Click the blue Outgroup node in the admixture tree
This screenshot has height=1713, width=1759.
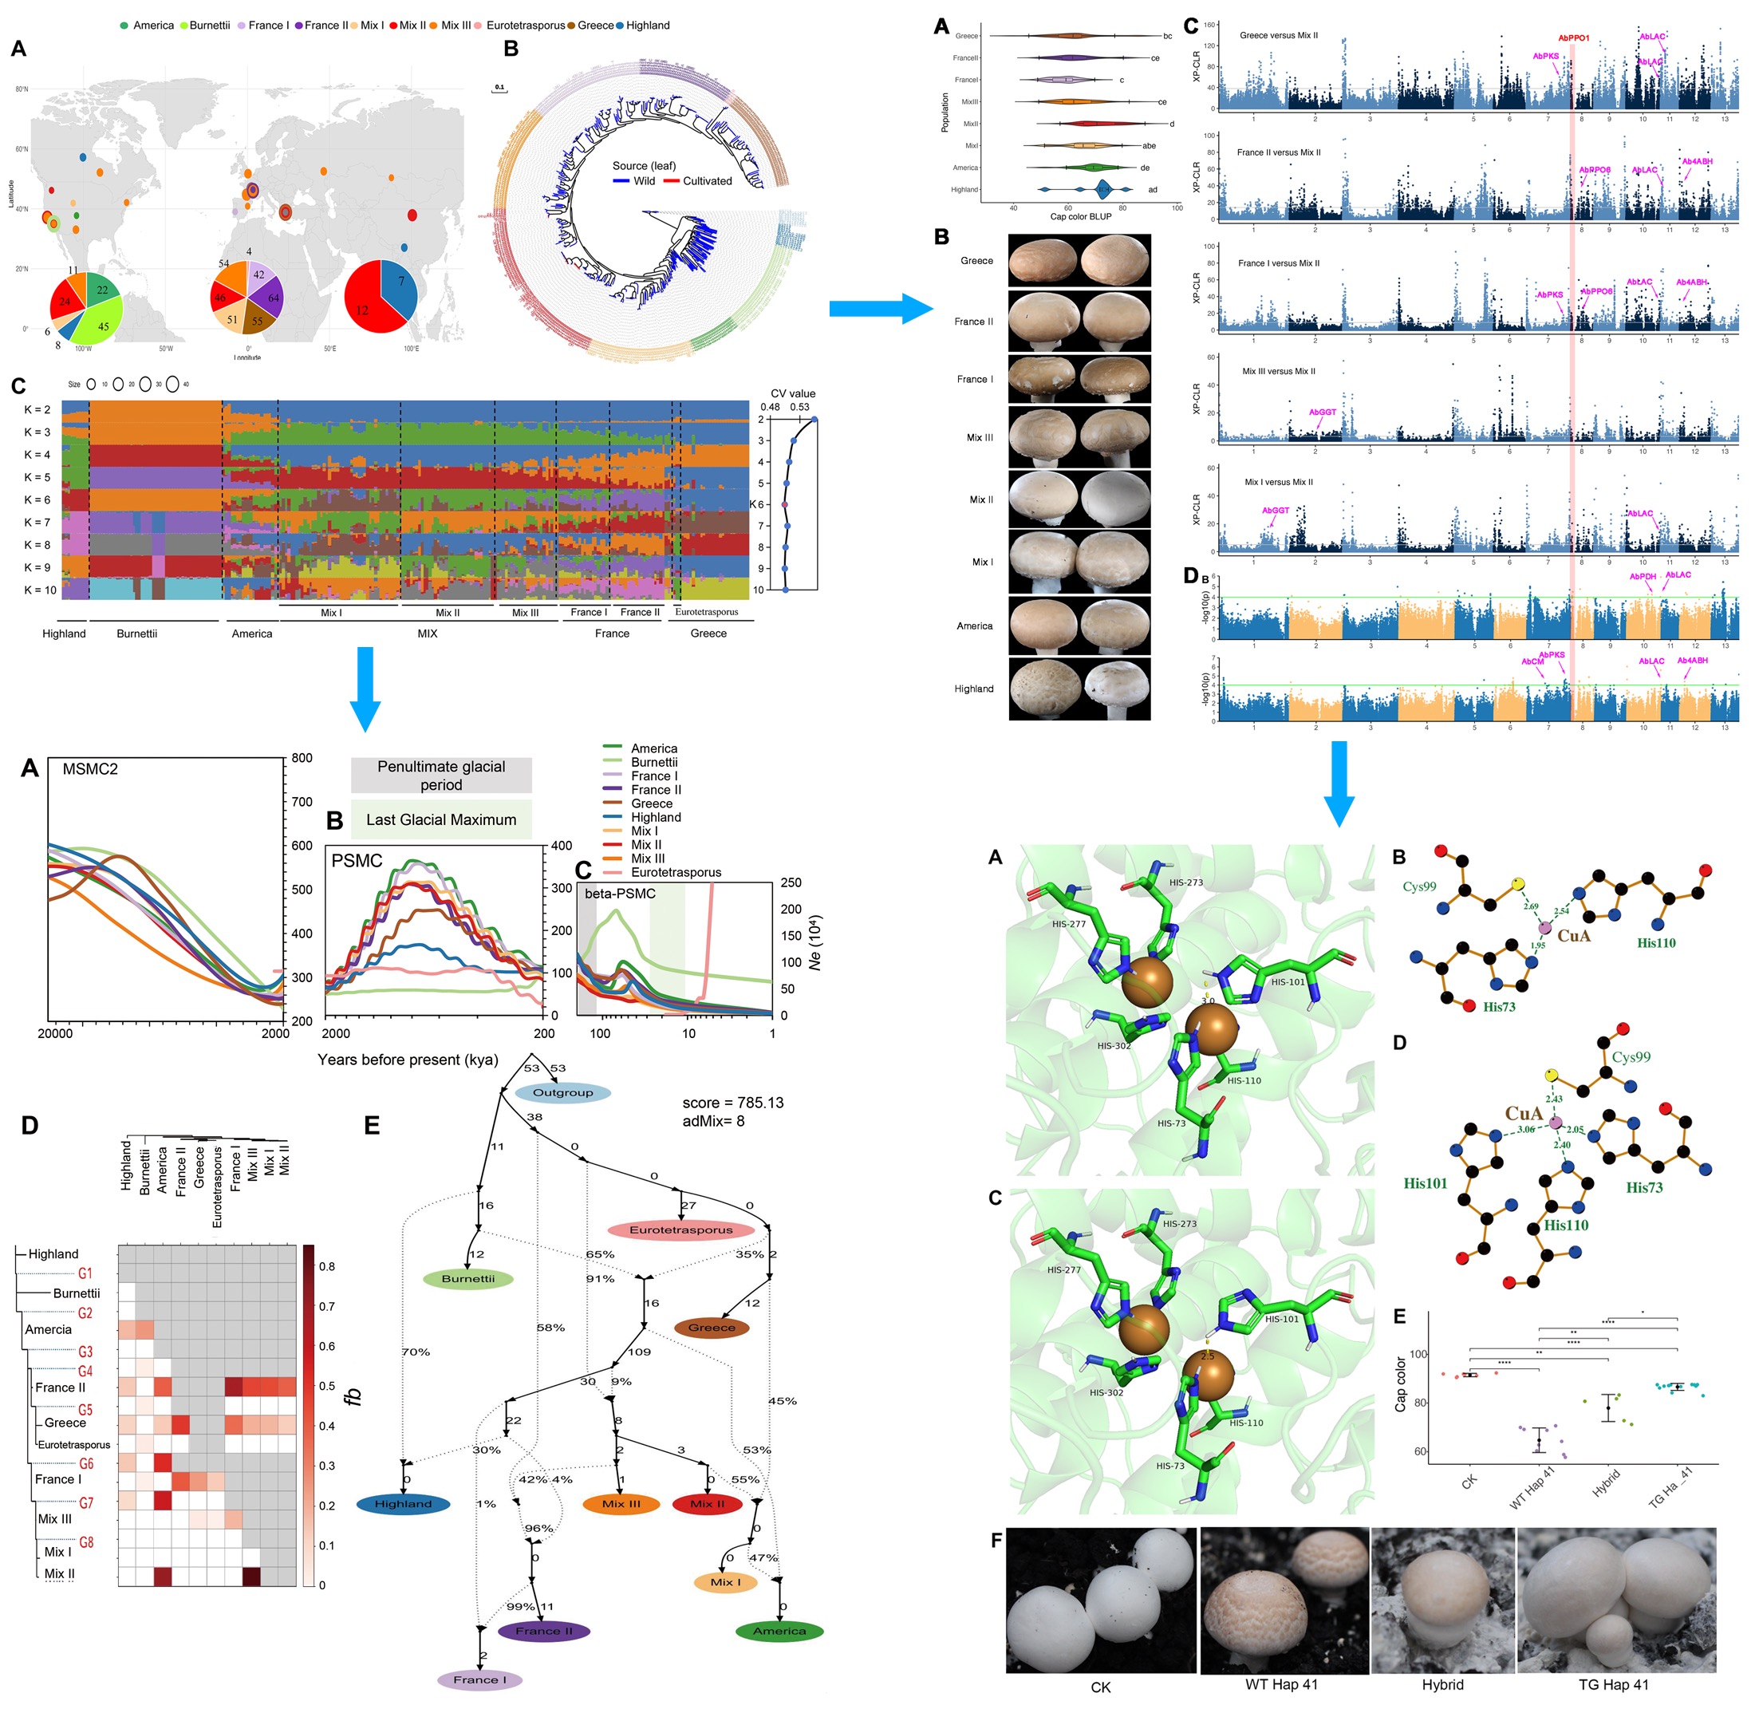click(x=563, y=1092)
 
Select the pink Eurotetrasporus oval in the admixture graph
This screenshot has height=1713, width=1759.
click(x=681, y=1229)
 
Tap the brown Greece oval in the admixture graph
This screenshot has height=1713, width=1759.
click(x=712, y=1327)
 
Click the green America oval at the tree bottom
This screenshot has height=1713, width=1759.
click(x=779, y=1630)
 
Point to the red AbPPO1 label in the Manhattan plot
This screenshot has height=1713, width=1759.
click(x=1574, y=37)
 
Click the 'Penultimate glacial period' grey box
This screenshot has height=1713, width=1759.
click(x=441, y=776)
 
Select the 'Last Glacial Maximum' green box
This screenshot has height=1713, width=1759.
click(x=441, y=819)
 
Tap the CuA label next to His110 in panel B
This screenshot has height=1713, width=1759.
click(x=1574, y=936)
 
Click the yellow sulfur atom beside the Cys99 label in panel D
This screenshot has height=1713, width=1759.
click(x=1551, y=1076)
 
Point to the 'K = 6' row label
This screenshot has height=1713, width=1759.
click(x=37, y=499)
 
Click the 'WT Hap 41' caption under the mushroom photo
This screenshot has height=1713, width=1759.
click(x=1281, y=1684)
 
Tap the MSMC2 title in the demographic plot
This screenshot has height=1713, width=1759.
click(x=90, y=769)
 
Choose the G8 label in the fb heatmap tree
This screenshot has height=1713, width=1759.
click(x=85, y=1542)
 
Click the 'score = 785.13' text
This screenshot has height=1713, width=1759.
click(x=732, y=1103)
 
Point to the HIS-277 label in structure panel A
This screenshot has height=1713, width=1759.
click(x=1071, y=924)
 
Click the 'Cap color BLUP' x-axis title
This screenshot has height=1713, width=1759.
click(x=1081, y=216)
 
